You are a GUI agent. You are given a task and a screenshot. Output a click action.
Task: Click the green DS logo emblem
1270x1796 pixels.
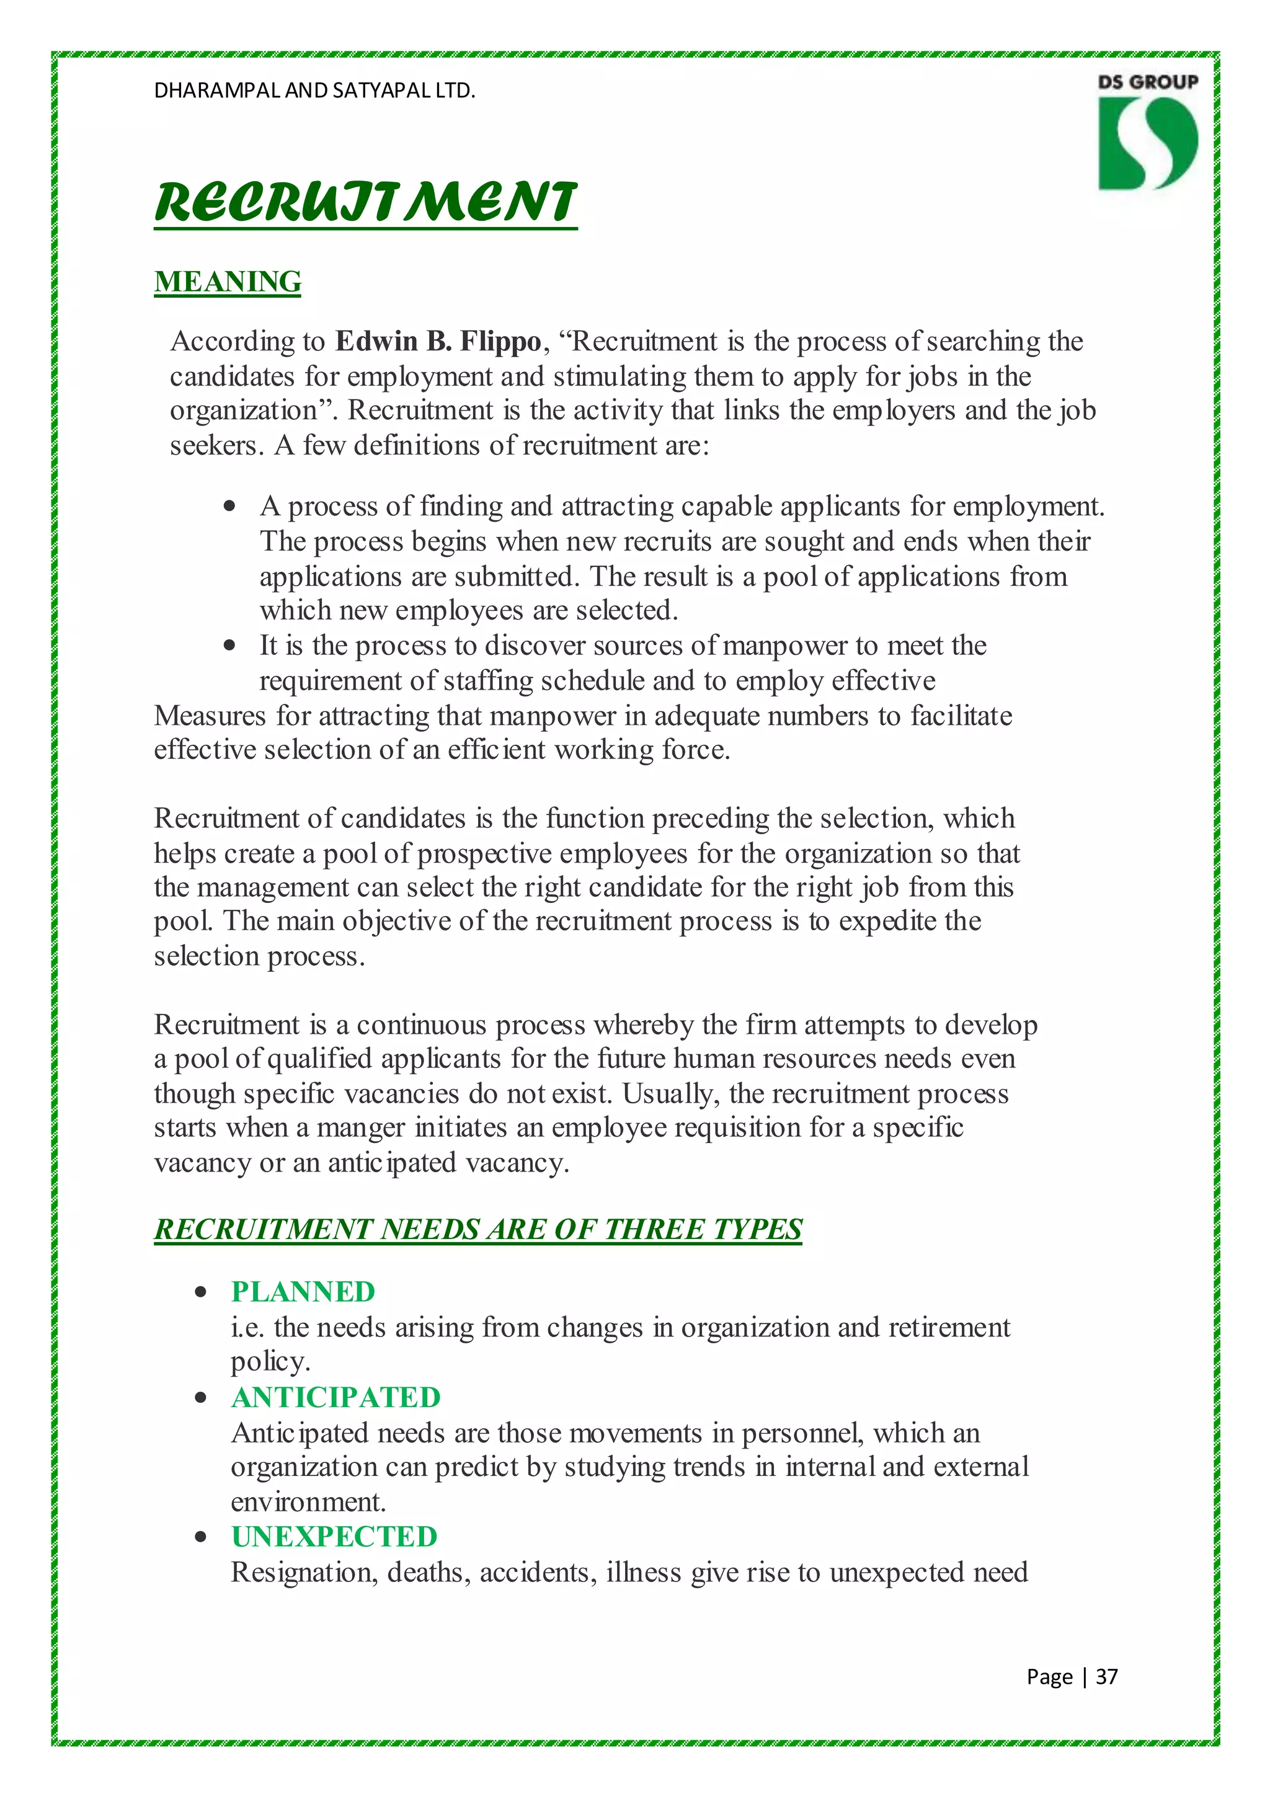[x=1147, y=143]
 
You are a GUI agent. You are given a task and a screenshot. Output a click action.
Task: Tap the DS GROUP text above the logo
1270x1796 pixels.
[x=1147, y=81]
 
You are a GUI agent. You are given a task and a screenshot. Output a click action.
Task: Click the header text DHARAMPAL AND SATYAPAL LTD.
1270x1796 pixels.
[x=314, y=91]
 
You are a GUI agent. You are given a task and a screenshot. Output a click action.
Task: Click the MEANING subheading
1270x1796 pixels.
[x=228, y=282]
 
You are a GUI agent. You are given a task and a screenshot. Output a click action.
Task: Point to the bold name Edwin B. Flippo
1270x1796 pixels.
[x=438, y=341]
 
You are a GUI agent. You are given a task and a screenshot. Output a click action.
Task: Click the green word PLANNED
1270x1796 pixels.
[x=303, y=1291]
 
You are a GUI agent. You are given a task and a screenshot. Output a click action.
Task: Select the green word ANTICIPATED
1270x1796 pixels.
[x=335, y=1397]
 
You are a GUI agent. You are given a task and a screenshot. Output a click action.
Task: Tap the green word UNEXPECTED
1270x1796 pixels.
[x=334, y=1536]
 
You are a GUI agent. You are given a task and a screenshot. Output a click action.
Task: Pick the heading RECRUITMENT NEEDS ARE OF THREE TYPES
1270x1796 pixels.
[x=478, y=1229]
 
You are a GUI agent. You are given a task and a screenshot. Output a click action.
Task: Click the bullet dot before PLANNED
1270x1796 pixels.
[x=201, y=1292]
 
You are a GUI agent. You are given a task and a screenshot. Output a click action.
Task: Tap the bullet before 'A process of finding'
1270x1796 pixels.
[x=229, y=506]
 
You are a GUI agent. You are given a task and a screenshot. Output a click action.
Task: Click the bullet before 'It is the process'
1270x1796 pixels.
[x=229, y=646]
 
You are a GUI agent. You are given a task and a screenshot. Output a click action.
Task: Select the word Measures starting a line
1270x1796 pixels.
[x=210, y=716]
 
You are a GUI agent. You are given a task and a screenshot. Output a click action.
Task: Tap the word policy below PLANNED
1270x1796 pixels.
[x=269, y=1362]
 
